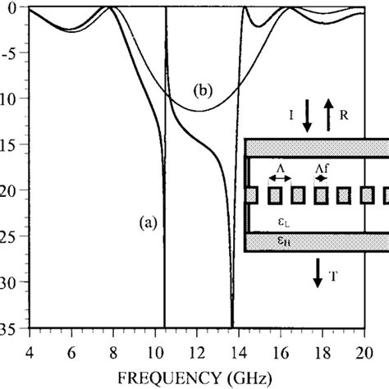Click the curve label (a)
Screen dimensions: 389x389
tap(149, 219)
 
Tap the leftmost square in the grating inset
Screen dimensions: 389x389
tap(253, 196)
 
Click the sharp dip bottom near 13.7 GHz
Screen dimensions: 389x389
tap(232, 325)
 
